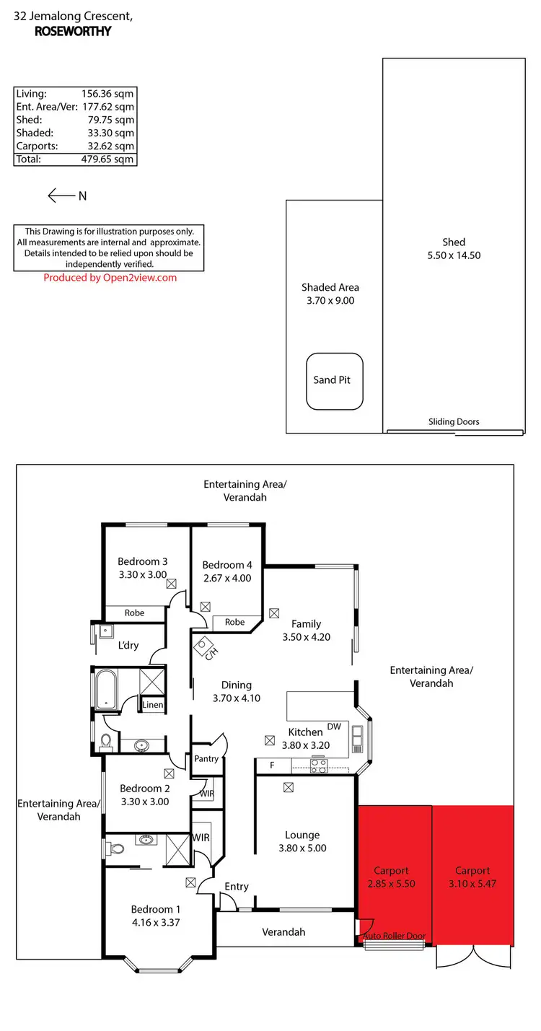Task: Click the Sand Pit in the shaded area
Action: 335,380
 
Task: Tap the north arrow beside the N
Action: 61,196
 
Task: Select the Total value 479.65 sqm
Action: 108,159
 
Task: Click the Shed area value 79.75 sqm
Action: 108,120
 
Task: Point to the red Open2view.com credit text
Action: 110,278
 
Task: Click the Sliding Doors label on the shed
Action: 454,422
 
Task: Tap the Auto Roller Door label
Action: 394,936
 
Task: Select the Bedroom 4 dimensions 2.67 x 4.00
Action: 227,578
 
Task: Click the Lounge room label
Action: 302,835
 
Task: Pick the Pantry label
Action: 206,759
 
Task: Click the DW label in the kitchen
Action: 334,727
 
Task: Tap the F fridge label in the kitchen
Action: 272,765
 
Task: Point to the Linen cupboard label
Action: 152,705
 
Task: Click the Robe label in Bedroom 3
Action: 134,613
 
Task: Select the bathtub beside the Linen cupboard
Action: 105,690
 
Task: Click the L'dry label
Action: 128,645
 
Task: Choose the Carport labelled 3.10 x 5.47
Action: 472,877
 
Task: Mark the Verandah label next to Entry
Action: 283,932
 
